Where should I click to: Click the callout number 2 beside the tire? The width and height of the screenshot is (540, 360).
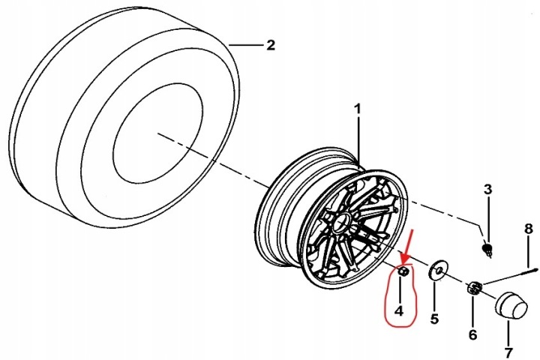(271, 45)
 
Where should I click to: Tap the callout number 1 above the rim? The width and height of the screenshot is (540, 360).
(358, 109)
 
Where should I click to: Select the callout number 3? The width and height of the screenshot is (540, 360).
(487, 190)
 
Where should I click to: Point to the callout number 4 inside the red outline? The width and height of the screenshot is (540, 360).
(399, 310)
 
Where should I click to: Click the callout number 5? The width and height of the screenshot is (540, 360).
(434, 319)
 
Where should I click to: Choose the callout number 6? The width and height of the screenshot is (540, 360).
(472, 334)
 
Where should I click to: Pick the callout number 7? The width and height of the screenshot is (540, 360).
(508, 352)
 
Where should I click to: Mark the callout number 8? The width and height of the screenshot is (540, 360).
(529, 229)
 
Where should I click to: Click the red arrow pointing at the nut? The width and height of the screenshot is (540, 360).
(407, 248)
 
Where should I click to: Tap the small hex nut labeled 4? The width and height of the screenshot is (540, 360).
(403, 271)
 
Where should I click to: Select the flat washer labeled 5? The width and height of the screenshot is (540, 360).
(437, 270)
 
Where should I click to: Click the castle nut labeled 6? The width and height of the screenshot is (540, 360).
(475, 287)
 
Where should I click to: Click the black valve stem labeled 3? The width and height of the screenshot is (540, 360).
(487, 249)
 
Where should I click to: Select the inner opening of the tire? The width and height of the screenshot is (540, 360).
(157, 133)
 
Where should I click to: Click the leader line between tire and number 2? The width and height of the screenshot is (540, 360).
(245, 45)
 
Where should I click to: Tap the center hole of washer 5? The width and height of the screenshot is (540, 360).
(437, 270)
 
